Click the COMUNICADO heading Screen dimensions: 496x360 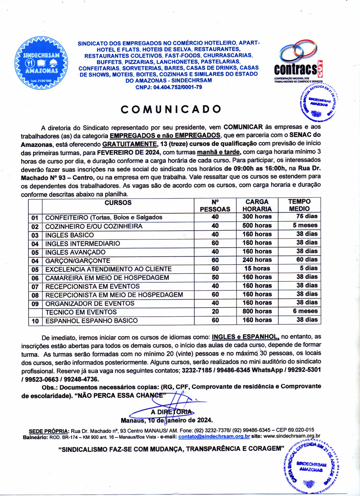(x=171, y=109)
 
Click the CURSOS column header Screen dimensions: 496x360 (x=120, y=202)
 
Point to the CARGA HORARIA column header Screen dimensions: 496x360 (x=257, y=205)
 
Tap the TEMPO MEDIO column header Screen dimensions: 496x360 (x=299, y=205)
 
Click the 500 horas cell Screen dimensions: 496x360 (x=257, y=226)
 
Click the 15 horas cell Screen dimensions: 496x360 (x=257, y=269)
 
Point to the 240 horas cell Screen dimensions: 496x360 (x=257, y=260)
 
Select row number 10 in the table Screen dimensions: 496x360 (x=35, y=321)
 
